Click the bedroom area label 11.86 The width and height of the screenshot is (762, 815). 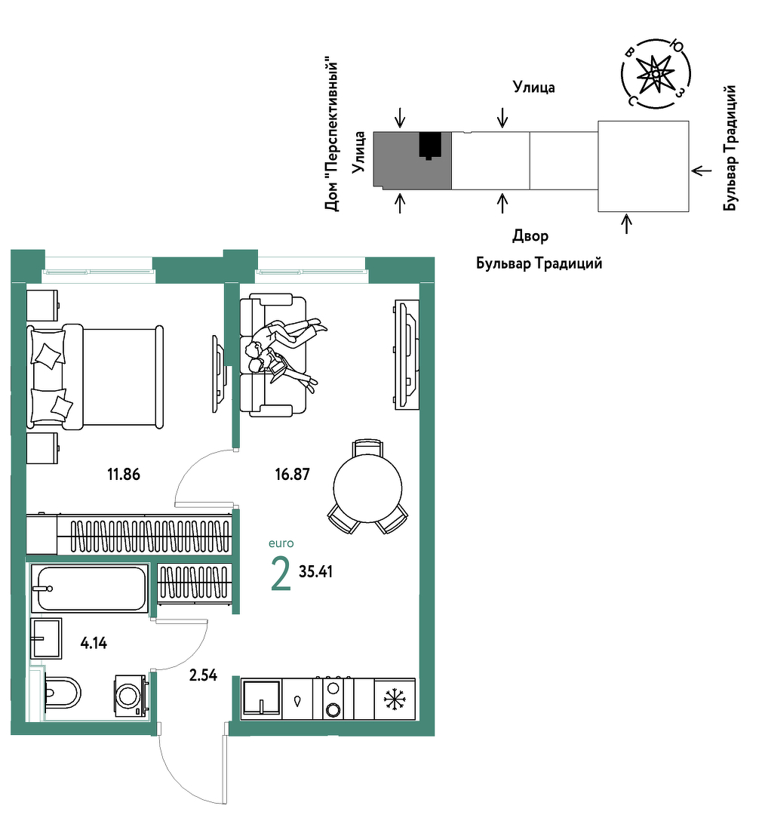pyautogui.click(x=124, y=474)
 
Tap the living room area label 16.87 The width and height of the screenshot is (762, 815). pyautogui.click(x=292, y=474)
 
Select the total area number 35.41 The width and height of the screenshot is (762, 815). pyautogui.click(x=315, y=571)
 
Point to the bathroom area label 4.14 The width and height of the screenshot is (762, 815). pyautogui.click(x=94, y=643)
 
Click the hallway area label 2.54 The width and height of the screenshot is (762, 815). pyautogui.click(x=203, y=675)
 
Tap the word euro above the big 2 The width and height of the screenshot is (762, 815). pyautogui.click(x=281, y=543)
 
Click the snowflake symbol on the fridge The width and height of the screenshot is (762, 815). pyautogui.click(x=395, y=700)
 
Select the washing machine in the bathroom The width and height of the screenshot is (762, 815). pyautogui.click(x=130, y=696)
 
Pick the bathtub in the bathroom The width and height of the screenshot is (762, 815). pyautogui.click(x=90, y=589)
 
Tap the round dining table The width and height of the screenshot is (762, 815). pyautogui.click(x=367, y=488)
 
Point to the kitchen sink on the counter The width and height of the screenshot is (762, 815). pyautogui.click(x=262, y=699)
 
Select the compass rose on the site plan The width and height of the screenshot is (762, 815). pyautogui.click(x=656, y=74)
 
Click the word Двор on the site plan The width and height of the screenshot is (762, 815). pyautogui.click(x=530, y=236)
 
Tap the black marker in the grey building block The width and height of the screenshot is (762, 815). pyautogui.click(x=430, y=145)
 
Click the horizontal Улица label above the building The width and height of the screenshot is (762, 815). pyautogui.click(x=534, y=87)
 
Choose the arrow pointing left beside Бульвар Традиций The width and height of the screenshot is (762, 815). pyautogui.click(x=701, y=171)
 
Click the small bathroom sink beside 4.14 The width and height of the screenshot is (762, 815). pyautogui.click(x=46, y=638)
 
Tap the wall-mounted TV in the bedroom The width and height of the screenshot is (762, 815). pyautogui.click(x=218, y=374)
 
